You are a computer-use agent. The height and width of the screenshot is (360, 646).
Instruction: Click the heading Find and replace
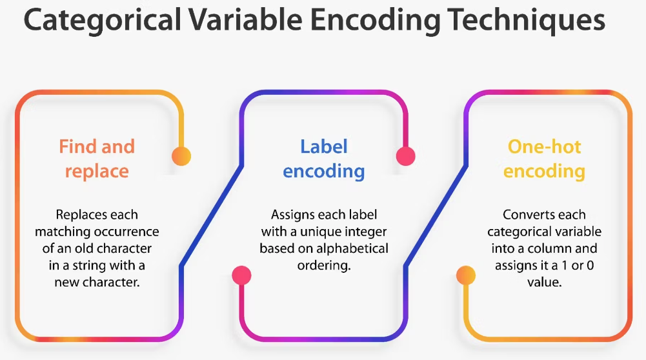[x=97, y=159]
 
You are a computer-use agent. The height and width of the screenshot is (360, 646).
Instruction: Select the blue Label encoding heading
[x=323, y=159]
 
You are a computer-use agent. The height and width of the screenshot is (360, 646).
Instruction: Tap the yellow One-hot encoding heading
[x=544, y=159]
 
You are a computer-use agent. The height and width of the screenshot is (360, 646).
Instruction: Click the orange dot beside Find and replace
[x=181, y=155]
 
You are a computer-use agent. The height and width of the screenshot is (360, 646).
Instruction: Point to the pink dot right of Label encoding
[x=405, y=155]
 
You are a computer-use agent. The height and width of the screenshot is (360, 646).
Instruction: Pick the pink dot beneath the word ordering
[x=241, y=275]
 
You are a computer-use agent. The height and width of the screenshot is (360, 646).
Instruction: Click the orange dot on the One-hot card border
[x=465, y=275]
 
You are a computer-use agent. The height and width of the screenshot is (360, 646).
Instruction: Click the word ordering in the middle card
[x=324, y=265]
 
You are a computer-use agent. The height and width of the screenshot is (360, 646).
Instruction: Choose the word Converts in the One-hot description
[x=525, y=214]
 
